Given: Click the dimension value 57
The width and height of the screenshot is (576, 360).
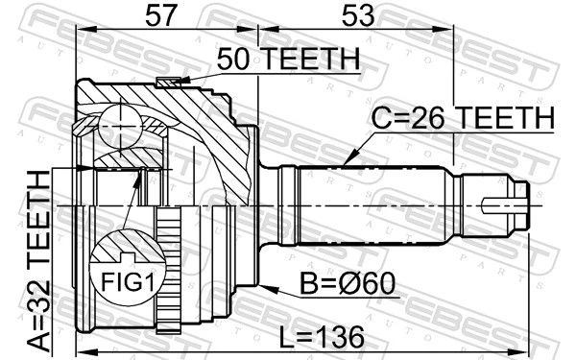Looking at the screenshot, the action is (159, 16).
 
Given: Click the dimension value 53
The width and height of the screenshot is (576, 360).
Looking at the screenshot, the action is (358, 16).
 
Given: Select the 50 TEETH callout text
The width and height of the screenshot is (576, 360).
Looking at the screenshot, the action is (288, 60).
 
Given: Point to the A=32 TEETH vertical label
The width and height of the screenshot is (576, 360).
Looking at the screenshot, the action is (39, 261).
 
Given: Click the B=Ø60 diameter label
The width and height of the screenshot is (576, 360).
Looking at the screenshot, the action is (348, 283).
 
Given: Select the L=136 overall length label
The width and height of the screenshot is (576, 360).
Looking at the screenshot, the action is (322, 338).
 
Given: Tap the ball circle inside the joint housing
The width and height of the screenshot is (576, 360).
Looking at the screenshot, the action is (120, 127).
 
